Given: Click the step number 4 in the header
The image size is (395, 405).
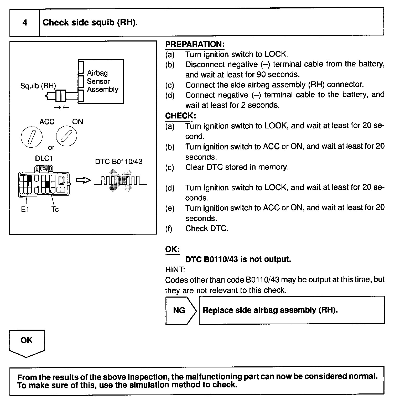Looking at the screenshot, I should pyautogui.click(x=25, y=23).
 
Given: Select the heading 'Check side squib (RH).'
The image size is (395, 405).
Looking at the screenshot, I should pyautogui.click(x=90, y=23).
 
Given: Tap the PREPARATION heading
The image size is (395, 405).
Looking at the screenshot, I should pyautogui.click(x=195, y=44).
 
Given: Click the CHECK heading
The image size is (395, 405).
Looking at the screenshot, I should pyautogui.click(x=180, y=116).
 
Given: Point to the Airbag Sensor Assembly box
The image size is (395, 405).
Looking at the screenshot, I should pyautogui.click(x=101, y=81).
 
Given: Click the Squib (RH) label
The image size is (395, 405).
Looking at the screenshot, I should pyautogui.click(x=38, y=86).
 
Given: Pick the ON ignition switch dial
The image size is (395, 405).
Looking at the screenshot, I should pyautogui.click(x=66, y=136).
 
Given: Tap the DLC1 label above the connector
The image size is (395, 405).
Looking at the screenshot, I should pyautogui.click(x=44, y=159).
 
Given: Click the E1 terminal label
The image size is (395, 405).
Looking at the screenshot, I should pyautogui.click(x=25, y=210).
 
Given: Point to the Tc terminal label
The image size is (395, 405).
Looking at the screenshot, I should pyautogui.click(x=55, y=210).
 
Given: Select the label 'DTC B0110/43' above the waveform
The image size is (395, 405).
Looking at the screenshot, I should pyautogui.click(x=119, y=162).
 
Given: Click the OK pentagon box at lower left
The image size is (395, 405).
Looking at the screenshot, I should pyautogui.click(x=27, y=342).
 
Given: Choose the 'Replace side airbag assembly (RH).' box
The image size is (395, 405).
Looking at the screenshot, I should pyautogui.click(x=291, y=310).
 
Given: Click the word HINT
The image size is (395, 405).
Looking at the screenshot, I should pyautogui.click(x=175, y=270).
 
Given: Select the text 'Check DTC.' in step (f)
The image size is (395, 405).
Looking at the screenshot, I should pyautogui.click(x=207, y=229).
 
